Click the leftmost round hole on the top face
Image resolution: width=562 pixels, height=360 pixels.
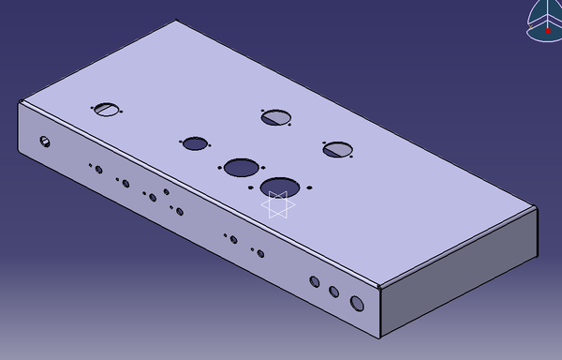(108, 110)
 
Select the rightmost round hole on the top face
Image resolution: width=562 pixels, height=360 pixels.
(336, 148)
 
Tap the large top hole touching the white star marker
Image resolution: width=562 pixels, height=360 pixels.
(277, 186)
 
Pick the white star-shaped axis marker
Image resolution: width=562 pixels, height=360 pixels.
(277, 204)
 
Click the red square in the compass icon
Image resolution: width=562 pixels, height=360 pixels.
(547, 29)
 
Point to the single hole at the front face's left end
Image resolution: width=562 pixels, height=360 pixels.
(44, 142)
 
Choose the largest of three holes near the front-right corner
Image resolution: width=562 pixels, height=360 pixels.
(357, 303)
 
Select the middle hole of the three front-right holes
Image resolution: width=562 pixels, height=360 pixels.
(333, 292)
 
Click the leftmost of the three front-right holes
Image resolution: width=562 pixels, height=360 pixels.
(314, 281)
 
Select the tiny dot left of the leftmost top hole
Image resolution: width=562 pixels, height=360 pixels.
(93, 108)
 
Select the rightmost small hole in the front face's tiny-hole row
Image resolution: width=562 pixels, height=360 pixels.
(259, 253)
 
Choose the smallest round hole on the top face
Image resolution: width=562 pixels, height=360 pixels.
(195, 143)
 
